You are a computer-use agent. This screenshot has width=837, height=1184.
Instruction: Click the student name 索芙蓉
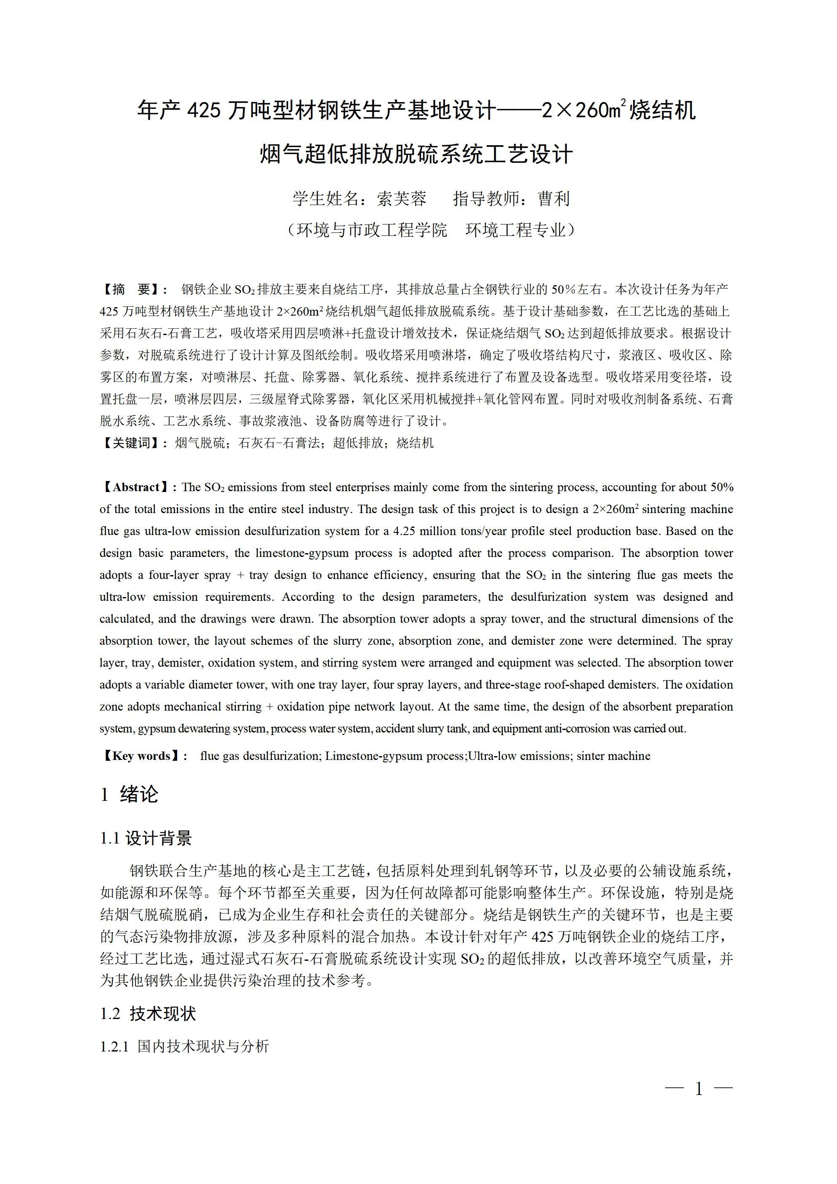(401, 199)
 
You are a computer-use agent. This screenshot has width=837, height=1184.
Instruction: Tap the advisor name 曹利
(553, 199)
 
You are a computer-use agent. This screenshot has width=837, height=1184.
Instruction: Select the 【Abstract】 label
(138, 487)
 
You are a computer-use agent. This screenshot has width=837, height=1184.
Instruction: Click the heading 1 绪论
(129, 794)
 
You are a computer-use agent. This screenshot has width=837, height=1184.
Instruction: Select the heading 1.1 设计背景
(146, 838)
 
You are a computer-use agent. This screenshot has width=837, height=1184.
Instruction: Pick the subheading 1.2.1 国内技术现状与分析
(184, 1046)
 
